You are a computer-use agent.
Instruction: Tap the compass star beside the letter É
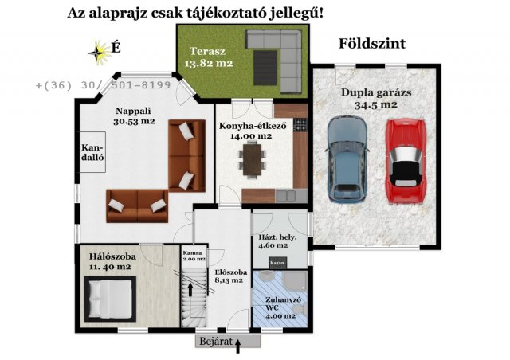(100, 52)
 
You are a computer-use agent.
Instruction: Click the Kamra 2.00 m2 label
(193, 254)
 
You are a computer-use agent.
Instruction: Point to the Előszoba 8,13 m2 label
(230, 276)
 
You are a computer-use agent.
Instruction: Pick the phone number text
(103, 84)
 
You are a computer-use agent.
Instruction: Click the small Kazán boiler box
(277, 263)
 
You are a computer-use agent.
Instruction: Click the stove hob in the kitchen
(300, 124)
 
